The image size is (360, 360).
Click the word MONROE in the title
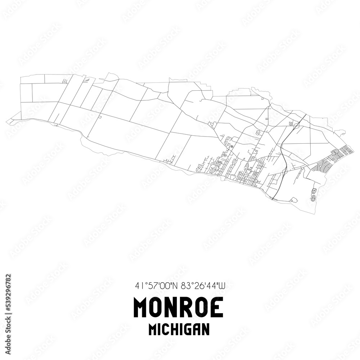[178, 307]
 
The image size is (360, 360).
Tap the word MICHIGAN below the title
[179, 329]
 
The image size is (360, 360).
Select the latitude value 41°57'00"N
[156, 286]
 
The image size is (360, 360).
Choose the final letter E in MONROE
[217, 307]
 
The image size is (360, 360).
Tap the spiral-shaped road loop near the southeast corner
[313, 197]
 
